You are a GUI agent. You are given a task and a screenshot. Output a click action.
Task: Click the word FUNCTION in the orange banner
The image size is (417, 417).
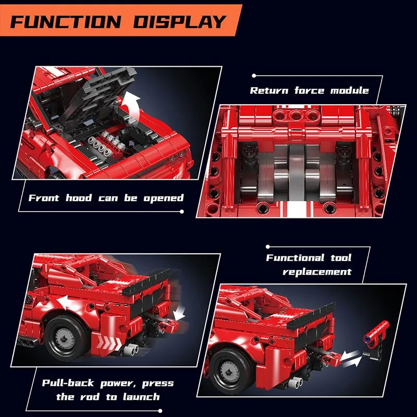[66, 21]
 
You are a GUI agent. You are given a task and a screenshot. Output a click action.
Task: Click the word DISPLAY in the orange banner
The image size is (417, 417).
[179, 21]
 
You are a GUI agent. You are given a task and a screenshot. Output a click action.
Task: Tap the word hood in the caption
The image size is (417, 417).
[79, 198]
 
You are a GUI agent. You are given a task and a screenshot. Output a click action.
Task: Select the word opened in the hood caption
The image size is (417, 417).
[164, 199]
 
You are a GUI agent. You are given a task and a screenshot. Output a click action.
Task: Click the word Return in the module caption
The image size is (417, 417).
[269, 91]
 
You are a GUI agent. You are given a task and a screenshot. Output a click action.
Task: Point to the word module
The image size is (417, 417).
[350, 90]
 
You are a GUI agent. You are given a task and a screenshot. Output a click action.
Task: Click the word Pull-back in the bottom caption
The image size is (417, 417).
[68, 383]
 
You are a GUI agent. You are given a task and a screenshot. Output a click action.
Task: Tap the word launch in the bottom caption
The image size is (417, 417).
[141, 397]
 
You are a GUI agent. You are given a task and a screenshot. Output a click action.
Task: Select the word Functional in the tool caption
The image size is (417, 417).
[295, 257]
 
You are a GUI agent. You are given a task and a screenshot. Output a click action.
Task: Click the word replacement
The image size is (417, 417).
[317, 272]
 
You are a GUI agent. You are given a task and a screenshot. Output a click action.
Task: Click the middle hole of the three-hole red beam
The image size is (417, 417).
[295, 115]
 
